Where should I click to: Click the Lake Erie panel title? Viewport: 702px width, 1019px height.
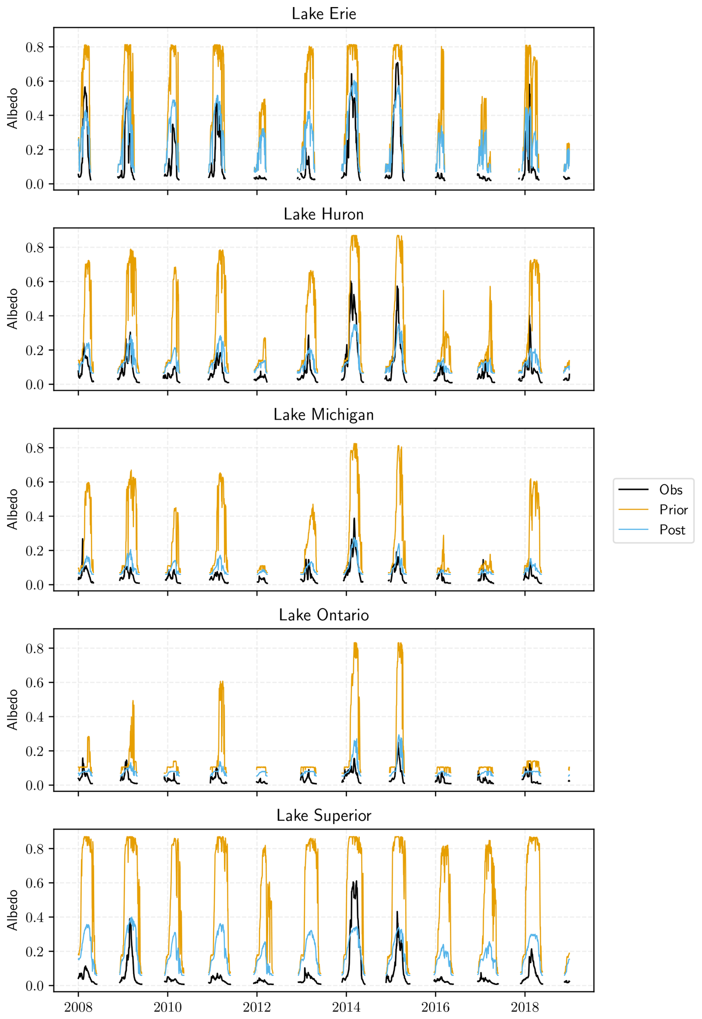[324, 14]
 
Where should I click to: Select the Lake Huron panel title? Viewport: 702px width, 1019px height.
[324, 214]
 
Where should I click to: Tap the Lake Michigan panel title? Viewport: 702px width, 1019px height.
[324, 415]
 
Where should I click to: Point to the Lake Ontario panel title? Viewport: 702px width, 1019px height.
[324, 615]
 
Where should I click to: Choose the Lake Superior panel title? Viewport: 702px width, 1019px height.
[324, 815]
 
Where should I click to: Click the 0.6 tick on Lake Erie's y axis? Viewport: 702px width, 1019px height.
[35, 81]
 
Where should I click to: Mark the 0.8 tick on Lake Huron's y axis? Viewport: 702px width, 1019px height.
[35, 247]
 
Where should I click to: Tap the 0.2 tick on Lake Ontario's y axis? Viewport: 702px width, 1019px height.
[35, 751]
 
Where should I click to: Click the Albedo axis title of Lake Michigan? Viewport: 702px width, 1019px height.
[12, 509]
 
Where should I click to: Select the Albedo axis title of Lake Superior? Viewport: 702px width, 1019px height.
[12, 910]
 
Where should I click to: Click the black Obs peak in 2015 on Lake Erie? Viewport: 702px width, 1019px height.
[397, 63]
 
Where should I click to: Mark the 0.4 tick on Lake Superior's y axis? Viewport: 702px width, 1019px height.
[35, 917]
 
